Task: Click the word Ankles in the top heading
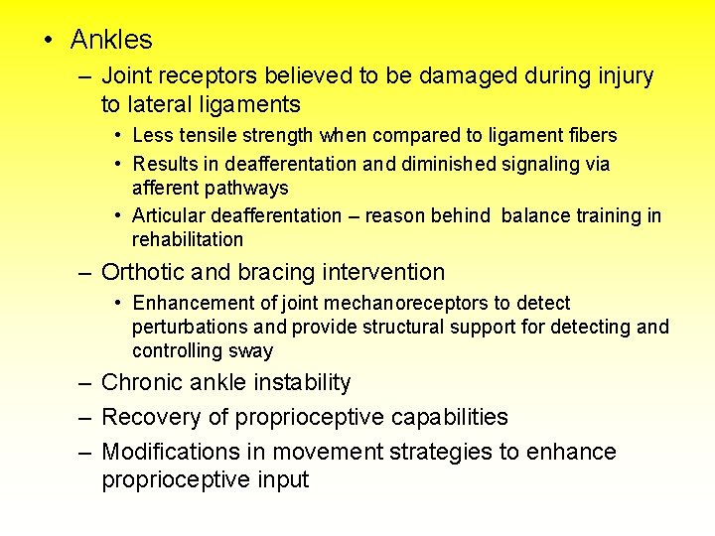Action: (111, 40)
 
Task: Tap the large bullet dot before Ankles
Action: (47, 41)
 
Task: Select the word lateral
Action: (161, 104)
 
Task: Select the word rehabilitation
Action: (187, 240)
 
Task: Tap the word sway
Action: (253, 350)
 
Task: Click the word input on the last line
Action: (283, 480)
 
